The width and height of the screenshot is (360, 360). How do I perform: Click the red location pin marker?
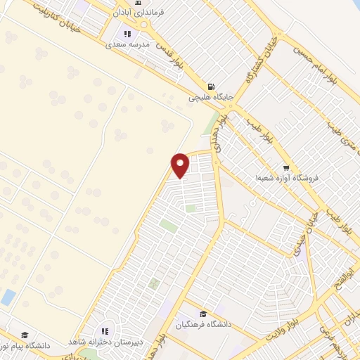[181, 165]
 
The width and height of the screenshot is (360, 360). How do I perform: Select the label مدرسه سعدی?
[128, 44]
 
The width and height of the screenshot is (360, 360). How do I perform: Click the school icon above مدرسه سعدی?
[127, 33]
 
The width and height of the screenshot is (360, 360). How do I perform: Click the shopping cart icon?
[285, 167]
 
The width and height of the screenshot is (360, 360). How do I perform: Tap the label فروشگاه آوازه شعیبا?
[287, 179]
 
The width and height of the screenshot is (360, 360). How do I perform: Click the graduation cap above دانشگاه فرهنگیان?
[202, 314]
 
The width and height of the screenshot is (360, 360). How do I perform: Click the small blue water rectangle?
[8, 297]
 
